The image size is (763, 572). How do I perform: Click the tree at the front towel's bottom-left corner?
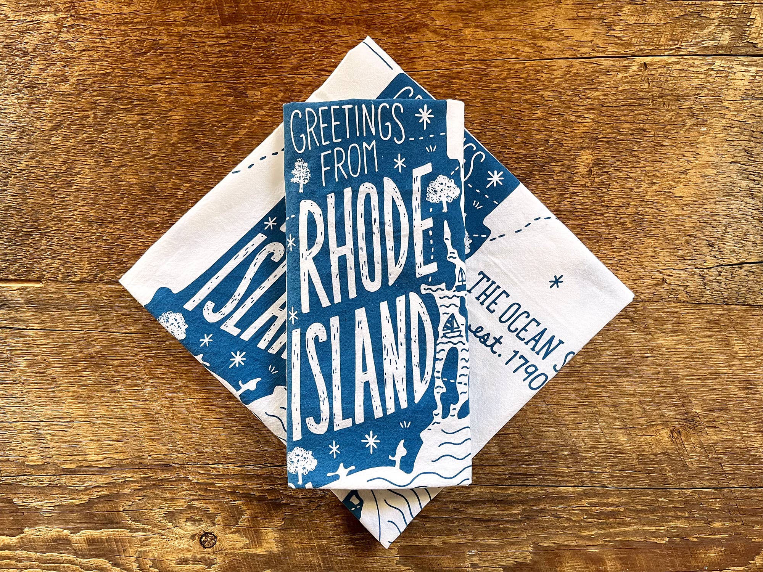[x=301, y=463]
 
